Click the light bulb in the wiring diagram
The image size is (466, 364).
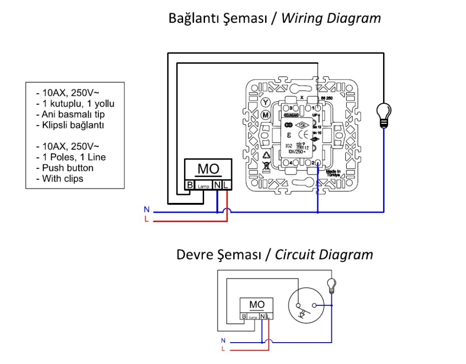tap(384, 114)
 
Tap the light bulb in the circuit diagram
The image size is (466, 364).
tap(332, 284)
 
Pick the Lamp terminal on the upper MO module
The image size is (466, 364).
tap(204, 186)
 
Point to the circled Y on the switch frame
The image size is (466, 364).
tap(266, 102)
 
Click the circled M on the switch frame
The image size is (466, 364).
tap(266, 115)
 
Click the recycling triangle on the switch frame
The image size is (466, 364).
tap(266, 155)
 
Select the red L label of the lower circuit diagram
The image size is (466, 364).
tap(223, 348)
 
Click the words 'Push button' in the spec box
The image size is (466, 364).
tap(68, 168)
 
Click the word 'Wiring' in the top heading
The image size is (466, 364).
tap(303, 18)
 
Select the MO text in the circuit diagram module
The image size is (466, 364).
tap(257, 304)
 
